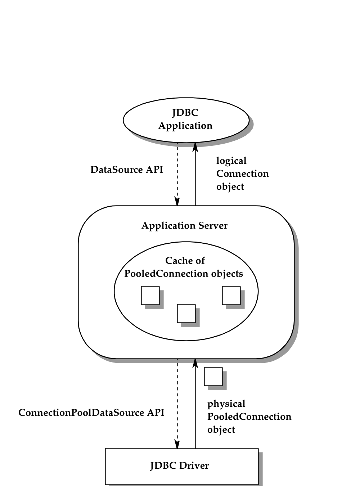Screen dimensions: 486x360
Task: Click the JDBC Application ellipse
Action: click(x=186, y=120)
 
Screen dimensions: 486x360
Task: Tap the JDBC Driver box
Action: click(x=181, y=466)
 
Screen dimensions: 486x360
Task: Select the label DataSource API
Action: click(x=127, y=170)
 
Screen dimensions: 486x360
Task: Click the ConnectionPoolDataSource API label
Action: click(x=91, y=413)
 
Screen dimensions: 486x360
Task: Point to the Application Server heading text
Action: click(x=184, y=226)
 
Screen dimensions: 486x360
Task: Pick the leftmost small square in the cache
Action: click(x=150, y=296)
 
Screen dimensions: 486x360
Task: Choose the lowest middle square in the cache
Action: click(x=186, y=314)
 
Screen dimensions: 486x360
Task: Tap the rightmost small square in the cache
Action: click(x=231, y=296)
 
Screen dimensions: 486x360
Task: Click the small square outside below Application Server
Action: click(x=213, y=377)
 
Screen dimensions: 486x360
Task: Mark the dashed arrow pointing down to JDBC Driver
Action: click(x=177, y=403)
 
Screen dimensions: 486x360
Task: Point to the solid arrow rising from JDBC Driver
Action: click(x=195, y=403)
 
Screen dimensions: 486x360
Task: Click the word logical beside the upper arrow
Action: click(x=231, y=161)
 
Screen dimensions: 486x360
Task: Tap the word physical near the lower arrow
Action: click(x=226, y=404)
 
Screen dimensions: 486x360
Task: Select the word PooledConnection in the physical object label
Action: click(x=249, y=417)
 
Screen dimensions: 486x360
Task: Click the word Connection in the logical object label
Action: click(x=242, y=174)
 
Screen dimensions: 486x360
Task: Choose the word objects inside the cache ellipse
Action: click(x=227, y=274)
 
